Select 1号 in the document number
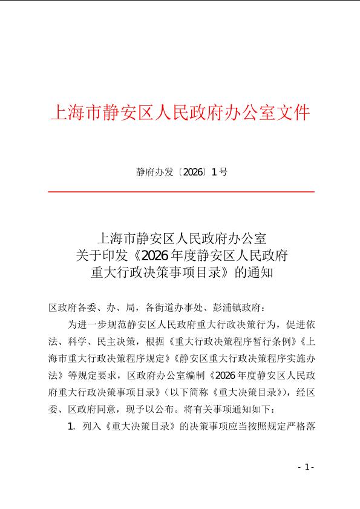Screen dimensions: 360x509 pos(220,172)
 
